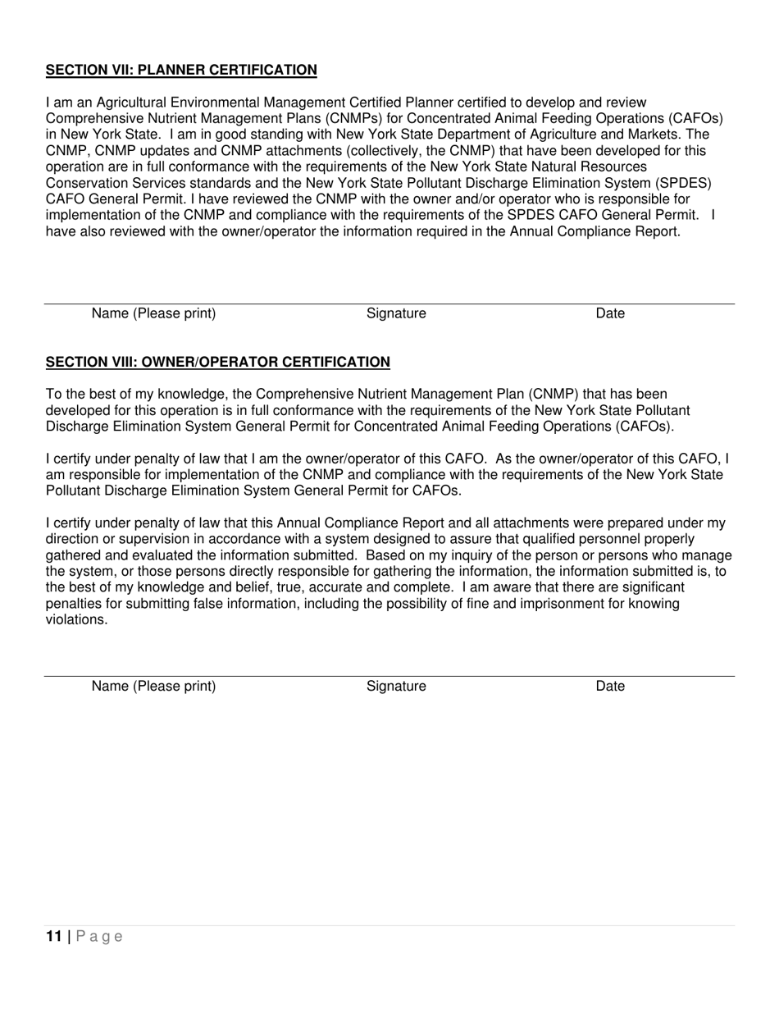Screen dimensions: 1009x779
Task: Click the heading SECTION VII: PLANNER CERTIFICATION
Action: (181, 70)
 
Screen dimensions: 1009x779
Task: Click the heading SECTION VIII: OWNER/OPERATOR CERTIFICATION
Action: (218, 362)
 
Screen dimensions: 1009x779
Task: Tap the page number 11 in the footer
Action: (54, 937)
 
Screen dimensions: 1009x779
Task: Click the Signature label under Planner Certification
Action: (396, 313)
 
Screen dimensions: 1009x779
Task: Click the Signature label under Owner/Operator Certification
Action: (396, 686)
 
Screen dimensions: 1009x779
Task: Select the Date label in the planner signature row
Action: (610, 313)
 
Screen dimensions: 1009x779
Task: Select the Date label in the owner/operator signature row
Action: (610, 686)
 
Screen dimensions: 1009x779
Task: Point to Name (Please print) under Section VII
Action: (153, 313)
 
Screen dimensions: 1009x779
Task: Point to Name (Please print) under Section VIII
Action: (153, 686)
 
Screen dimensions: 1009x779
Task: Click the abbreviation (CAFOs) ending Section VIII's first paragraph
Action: (645, 427)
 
